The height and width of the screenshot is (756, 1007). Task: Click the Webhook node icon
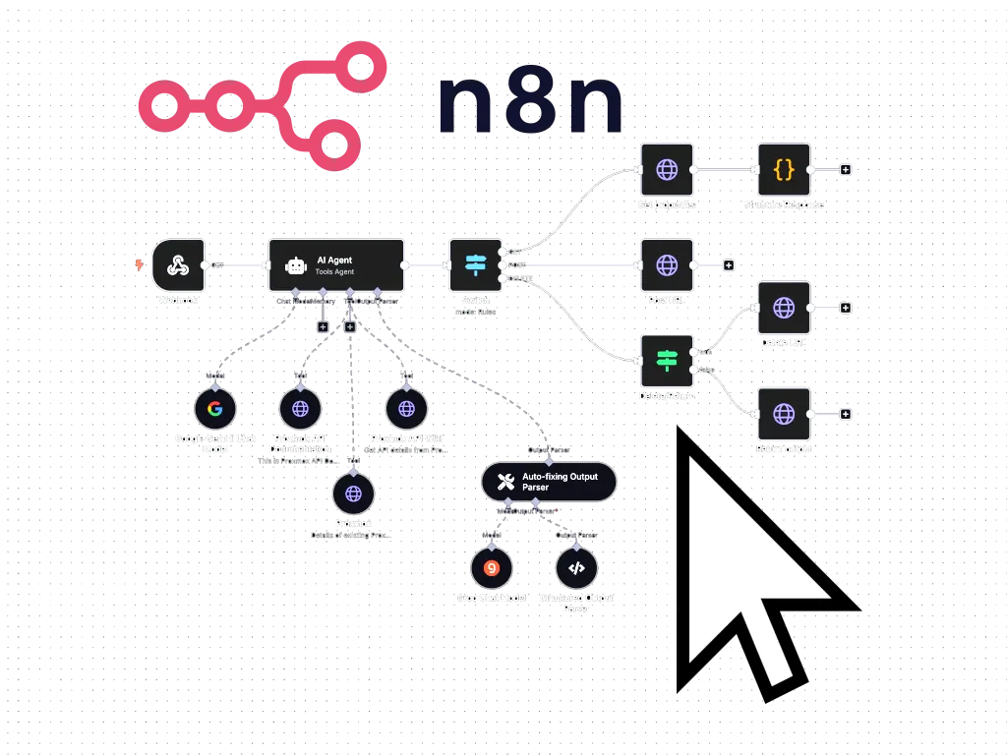[x=178, y=264]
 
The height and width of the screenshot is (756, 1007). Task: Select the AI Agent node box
[x=336, y=264]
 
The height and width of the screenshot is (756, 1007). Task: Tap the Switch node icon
[x=475, y=264]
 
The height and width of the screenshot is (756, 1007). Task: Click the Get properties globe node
[x=667, y=169]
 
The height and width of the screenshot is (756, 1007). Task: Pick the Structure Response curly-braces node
[x=783, y=169]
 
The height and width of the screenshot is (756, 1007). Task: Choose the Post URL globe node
[x=667, y=264]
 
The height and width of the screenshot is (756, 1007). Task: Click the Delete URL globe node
[x=783, y=308]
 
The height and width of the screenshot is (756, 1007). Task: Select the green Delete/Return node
[x=667, y=361]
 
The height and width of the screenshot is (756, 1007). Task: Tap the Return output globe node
[x=783, y=414]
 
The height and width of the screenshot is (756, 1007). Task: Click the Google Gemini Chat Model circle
[x=214, y=409]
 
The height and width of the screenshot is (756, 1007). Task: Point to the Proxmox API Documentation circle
[x=299, y=409]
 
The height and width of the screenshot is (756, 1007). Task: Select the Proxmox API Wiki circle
[x=406, y=409]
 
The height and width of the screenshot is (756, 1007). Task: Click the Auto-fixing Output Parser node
[x=548, y=482]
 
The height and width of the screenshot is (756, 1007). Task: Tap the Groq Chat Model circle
[x=491, y=568]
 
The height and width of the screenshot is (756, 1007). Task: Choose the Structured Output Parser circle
[x=576, y=568]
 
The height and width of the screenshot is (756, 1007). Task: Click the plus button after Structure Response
[x=845, y=169]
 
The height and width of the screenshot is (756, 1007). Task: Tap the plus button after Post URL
[x=729, y=264]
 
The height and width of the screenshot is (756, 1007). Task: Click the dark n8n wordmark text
[x=530, y=104]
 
